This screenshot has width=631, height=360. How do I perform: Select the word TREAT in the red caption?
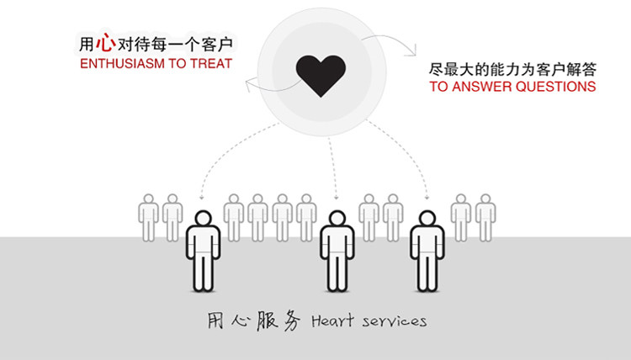tap(213, 64)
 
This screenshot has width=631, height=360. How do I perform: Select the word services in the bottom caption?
tap(395, 320)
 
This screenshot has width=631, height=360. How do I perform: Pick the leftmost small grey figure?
tap(149, 217)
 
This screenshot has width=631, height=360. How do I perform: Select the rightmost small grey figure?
tap(485, 217)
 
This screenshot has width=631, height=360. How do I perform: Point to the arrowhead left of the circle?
tap(247, 82)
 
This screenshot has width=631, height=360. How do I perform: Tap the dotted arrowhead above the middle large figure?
tap(337, 199)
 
